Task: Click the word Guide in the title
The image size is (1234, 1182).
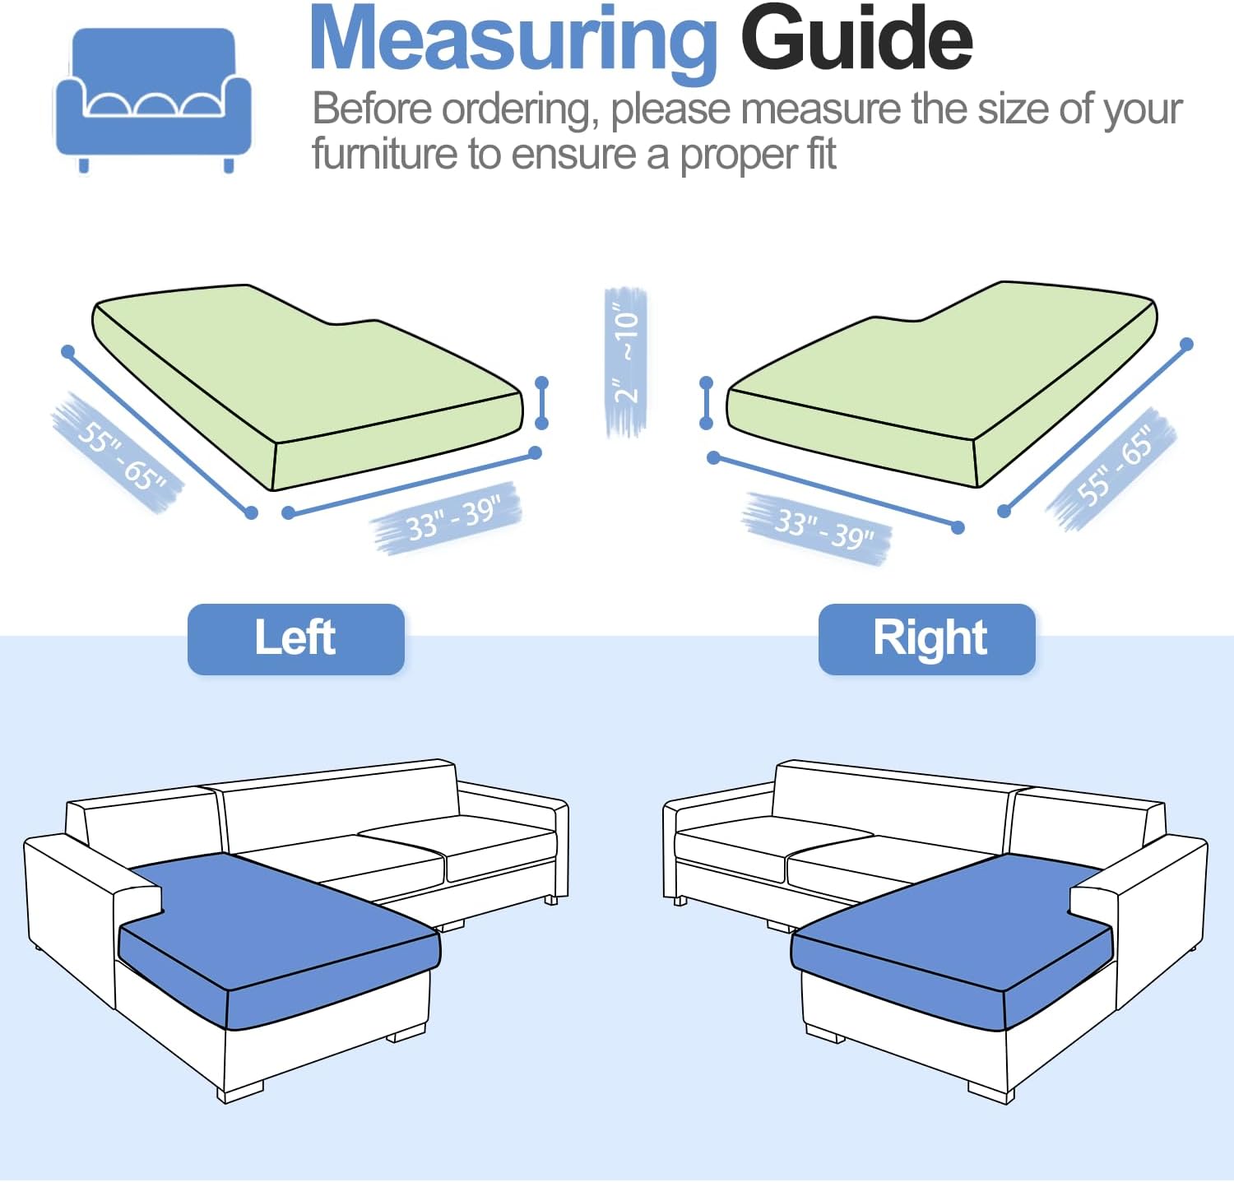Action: click(x=856, y=38)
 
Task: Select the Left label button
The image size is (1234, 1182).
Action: click(x=296, y=639)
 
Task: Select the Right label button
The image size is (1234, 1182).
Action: click(x=927, y=639)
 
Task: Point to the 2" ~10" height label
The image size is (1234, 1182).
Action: click(x=626, y=360)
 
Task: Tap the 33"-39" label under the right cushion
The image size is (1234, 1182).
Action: click(x=819, y=528)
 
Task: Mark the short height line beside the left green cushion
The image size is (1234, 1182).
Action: click(x=541, y=403)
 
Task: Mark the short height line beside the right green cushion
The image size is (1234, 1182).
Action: click(x=706, y=403)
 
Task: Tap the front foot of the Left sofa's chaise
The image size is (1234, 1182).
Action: click(x=240, y=1092)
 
